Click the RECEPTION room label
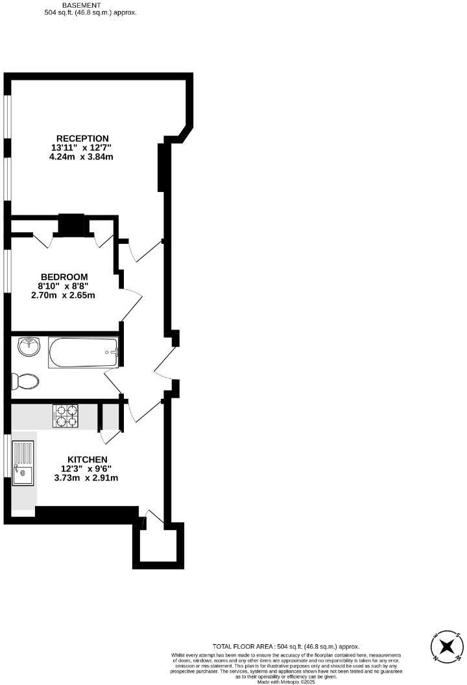point(82,138)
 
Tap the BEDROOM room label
point(64,277)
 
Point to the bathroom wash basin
point(29,346)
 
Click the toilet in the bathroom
point(25,381)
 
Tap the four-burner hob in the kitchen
point(66,416)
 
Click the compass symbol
point(447,646)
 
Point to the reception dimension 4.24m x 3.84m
point(82,156)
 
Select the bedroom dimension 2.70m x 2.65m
point(64,295)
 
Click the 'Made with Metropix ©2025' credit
point(286,682)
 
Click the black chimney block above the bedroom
point(71,224)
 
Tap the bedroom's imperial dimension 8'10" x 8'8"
point(64,286)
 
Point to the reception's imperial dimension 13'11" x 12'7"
point(82,147)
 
